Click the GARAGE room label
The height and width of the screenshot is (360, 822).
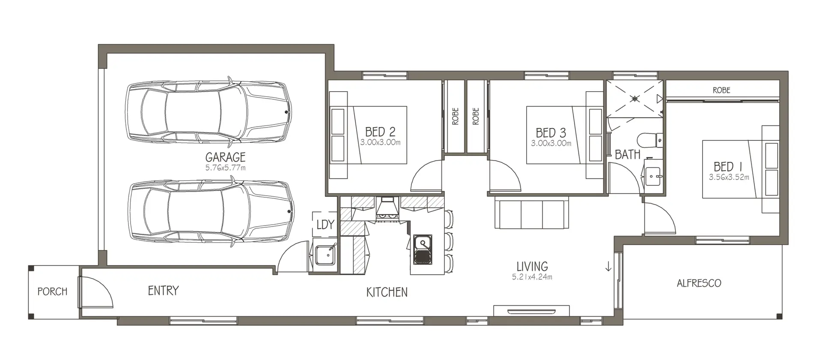[x=225, y=157]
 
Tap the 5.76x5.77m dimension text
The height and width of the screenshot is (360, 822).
[x=225, y=168]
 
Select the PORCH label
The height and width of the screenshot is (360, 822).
[x=52, y=292]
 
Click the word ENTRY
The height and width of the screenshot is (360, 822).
[x=163, y=291]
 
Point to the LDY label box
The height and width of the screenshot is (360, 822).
[x=325, y=224]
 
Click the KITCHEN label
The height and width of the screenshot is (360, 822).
[x=387, y=292]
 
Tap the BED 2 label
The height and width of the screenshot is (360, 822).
[x=380, y=132]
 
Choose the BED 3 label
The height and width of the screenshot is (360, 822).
[x=551, y=133]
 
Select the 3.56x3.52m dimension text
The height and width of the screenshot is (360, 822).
[x=729, y=177]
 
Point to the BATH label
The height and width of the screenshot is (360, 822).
[x=628, y=155]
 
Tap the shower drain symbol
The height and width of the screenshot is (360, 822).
[x=635, y=98]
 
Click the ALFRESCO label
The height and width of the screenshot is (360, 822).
[x=699, y=283]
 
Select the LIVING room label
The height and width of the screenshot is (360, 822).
[x=532, y=266]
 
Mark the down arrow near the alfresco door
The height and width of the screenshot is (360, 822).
[x=608, y=266]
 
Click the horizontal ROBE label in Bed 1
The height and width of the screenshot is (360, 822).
[x=721, y=90]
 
